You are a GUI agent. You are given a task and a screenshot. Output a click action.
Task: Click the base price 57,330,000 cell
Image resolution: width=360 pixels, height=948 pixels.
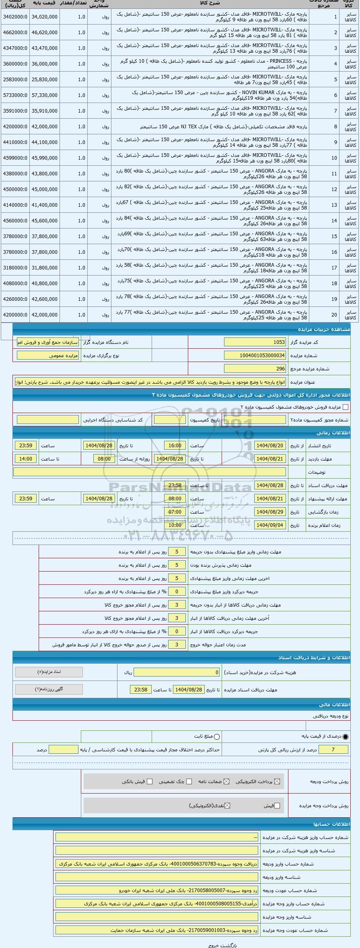44,95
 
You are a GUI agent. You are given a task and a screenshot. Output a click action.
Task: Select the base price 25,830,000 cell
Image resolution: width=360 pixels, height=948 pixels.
44,80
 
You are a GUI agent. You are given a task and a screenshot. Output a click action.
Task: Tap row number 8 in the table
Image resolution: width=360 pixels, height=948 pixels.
335,127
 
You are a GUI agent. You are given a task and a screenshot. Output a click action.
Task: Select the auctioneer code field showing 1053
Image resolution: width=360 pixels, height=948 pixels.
255,342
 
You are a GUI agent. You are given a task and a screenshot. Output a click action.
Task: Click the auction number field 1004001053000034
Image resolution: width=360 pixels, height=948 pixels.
255,356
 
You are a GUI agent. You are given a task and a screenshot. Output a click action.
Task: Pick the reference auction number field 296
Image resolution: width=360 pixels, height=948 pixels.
255,369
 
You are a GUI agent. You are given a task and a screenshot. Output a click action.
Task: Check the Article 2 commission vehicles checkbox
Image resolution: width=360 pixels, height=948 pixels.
345,407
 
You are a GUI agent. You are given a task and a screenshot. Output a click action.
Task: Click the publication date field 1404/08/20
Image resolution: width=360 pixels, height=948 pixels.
270,446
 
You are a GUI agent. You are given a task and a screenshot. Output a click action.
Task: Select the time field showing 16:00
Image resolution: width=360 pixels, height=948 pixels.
175,446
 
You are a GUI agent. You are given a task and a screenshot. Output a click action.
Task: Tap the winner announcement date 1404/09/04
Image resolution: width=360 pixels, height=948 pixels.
270,525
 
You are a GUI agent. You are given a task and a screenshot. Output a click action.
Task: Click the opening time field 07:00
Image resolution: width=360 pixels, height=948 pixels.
175,512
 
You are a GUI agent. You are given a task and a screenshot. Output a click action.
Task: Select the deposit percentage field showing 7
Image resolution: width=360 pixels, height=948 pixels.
333,749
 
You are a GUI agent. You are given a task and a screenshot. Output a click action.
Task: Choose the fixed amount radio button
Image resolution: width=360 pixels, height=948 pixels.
217,736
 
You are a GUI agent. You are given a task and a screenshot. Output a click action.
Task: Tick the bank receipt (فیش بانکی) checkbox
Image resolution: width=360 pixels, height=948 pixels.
150,781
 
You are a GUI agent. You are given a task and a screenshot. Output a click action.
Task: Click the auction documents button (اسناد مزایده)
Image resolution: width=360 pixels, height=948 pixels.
49,672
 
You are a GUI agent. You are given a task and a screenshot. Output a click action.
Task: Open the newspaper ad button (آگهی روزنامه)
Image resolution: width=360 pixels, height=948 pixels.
49,689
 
